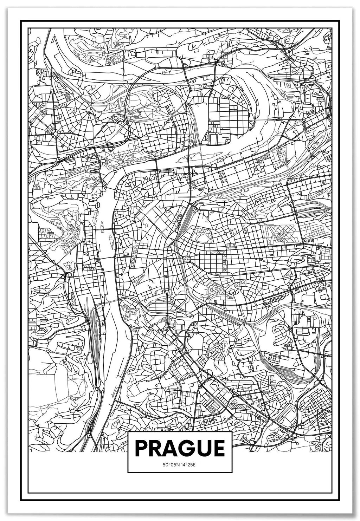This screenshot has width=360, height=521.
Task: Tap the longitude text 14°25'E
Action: (x=189, y=465)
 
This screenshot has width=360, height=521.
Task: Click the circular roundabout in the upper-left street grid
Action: (x=55, y=133)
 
